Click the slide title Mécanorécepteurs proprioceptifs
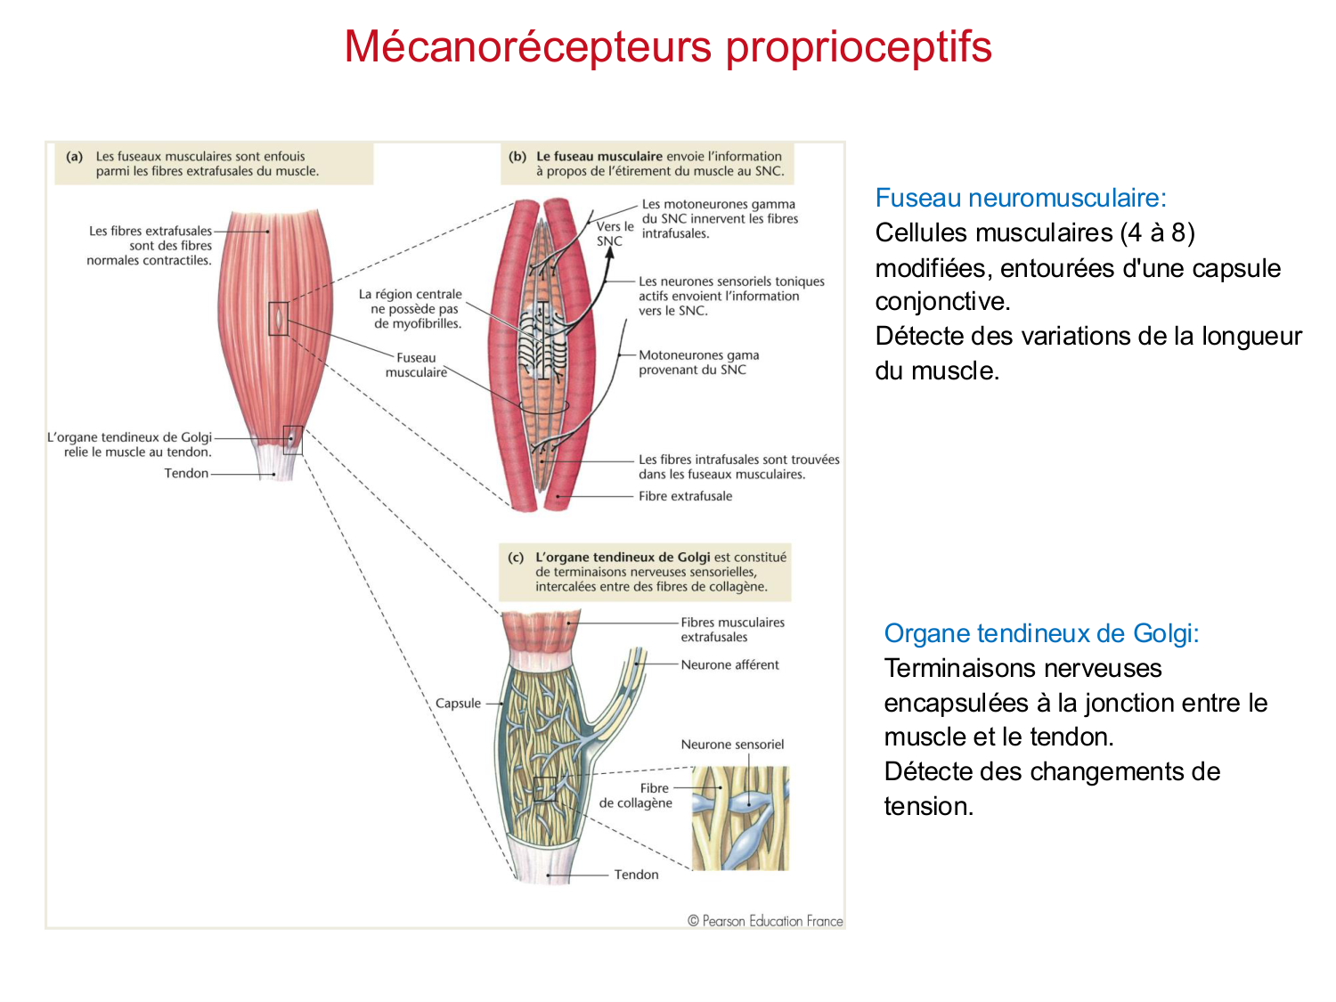pos(668,47)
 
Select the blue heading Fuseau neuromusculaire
pos(1021,198)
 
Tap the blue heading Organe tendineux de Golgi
pos(1041,633)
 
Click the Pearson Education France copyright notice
pos(765,921)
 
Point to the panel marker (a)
pos(75,157)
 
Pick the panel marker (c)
pos(516,558)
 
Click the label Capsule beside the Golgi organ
pos(458,704)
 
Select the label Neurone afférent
pos(729,664)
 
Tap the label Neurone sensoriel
pos(732,745)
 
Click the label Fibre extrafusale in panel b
pos(685,496)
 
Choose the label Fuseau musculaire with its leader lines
pos(416,365)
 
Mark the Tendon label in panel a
pos(186,473)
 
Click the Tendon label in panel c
pos(636,875)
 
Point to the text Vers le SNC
pos(614,233)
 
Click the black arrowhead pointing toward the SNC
pos(610,252)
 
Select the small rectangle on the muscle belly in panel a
pos(279,318)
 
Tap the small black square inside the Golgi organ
pos(545,789)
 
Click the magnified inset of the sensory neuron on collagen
pos(740,818)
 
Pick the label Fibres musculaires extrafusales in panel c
pos(732,630)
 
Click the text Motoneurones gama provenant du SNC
pos(698,363)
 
